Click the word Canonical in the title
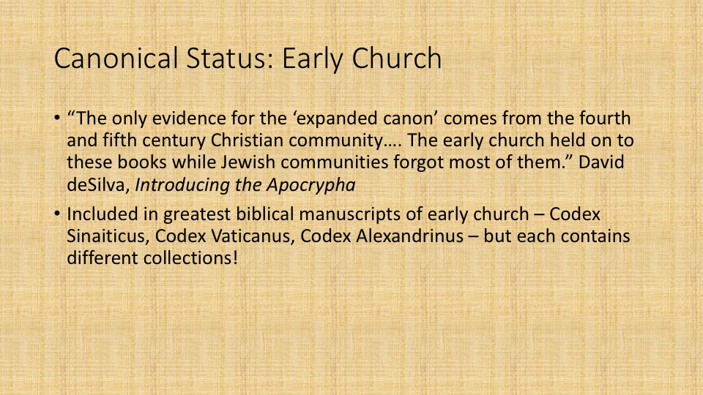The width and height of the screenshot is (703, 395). pos(116,59)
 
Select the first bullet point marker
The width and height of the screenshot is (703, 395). pos(57,118)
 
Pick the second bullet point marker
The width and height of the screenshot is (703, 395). pos(57,214)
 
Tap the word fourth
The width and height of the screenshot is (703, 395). pos(605,118)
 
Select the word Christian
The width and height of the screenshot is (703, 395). pos(247,140)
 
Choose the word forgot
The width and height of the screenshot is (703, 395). pos(418,162)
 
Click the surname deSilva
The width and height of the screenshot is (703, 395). pos(98,184)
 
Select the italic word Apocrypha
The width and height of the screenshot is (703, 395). pos(310,185)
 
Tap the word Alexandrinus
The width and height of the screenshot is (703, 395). pos(410,236)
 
